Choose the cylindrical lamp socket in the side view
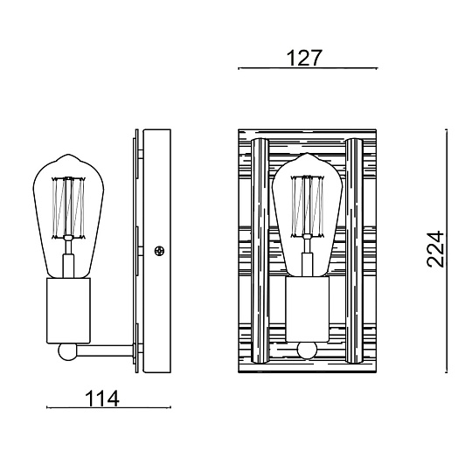coord(67,310)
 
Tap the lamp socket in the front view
coord(307,310)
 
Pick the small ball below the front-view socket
coord(307,351)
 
